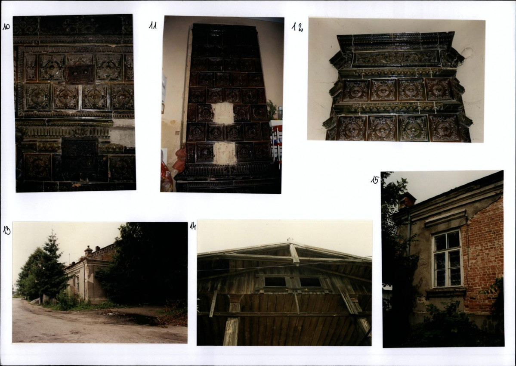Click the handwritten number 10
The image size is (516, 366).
pyautogui.click(x=6, y=27)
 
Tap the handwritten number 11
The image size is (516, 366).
pyautogui.click(x=153, y=25)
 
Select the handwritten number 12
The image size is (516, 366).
pyautogui.click(x=297, y=27)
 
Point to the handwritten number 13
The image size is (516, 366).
pyautogui.click(x=6, y=230)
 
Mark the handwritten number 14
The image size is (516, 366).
pyautogui.click(x=193, y=226)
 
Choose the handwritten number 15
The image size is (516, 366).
pyautogui.click(x=374, y=180)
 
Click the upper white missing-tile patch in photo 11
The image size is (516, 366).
pyautogui.click(x=223, y=113)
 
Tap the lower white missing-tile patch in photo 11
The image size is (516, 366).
pyautogui.click(x=225, y=153)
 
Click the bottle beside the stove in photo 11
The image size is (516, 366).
pyautogui.click(x=280, y=113)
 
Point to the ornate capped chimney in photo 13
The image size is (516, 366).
pyautogui.click(x=88, y=251)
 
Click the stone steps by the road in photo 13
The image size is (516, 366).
pyautogui.click(x=35, y=301)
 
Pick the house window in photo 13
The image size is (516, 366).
pyautogui.click(x=77, y=284)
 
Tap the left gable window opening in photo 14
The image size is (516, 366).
pyautogui.click(x=275, y=282)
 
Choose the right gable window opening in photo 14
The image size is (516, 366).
pyautogui.click(x=310, y=282)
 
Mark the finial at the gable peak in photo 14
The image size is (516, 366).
pyautogui.click(x=290, y=240)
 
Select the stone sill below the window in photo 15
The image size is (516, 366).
pyautogui.click(x=446, y=291)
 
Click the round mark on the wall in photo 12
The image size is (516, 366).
pyautogui.click(x=467, y=53)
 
